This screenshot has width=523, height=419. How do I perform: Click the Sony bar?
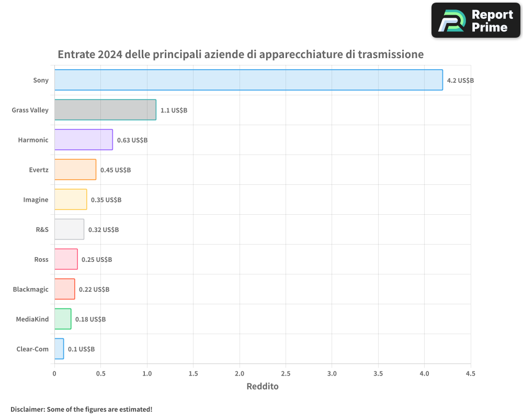(248, 80)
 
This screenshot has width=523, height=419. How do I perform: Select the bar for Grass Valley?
(105, 110)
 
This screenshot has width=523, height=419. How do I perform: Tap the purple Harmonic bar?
(84, 140)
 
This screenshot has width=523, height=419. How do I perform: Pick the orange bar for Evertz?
(75, 170)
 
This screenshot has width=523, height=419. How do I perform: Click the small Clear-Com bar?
(59, 349)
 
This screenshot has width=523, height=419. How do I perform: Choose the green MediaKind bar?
(63, 319)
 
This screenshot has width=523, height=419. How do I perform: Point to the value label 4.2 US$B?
(460, 81)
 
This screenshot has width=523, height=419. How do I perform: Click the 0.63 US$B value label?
(132, 140)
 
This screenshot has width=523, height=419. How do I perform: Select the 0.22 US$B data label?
(94, 290)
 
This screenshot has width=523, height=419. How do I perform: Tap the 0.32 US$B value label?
(104, 230)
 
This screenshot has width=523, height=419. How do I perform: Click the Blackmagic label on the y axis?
(31, 290)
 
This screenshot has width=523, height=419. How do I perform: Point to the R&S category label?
(42, 230)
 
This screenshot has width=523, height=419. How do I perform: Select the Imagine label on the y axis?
(36, 200)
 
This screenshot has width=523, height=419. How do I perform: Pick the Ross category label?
(41, 260)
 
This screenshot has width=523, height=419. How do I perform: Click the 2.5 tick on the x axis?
(286, 374)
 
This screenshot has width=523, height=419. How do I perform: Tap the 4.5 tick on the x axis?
(470, 374)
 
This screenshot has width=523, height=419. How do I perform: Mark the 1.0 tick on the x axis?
(147, 374)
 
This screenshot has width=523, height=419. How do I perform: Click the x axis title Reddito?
(263, 387)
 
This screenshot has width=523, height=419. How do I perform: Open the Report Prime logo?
(475, 20)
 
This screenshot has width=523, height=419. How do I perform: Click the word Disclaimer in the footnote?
(27, 410)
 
